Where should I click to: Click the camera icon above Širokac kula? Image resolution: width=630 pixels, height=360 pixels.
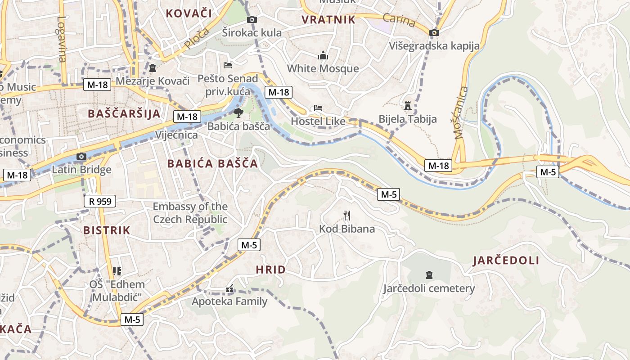click(x=252, y=19)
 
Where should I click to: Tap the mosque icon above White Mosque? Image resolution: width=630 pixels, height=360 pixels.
click(x=323, y=56)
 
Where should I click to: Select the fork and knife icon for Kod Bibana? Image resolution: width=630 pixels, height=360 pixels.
click(x=346, y=216)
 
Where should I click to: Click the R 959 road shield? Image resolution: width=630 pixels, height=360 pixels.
click(x=100, y=201)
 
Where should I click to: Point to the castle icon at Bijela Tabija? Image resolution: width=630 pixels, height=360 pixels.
click(x=408, y=106)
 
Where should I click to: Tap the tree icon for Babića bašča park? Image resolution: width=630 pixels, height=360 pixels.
click(x=238, y=112)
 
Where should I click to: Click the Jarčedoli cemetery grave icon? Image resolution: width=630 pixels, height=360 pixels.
click(x=429, y=274)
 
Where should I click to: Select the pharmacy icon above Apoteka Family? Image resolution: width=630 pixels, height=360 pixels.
click(x=229, y=288)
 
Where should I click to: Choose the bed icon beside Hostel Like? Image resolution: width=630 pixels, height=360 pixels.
click(x=318, y=108)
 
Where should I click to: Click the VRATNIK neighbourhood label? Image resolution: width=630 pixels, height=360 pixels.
click(x=328, y=19)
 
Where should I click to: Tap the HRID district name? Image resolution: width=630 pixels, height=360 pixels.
click(x=270, y=270)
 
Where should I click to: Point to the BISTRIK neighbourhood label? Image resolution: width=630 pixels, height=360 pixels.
click(x=107, y=230)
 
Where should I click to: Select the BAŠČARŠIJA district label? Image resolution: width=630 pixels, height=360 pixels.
click(x=124, y=113)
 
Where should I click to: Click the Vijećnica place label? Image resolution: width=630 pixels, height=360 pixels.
click(x=176, y=135)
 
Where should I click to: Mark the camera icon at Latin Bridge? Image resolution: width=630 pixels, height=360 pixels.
click(x=81, y=157)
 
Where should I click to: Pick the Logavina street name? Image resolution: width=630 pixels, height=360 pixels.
click(x=62, y=39)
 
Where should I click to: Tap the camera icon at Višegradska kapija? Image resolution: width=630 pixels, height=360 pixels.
click(x=434, y=32)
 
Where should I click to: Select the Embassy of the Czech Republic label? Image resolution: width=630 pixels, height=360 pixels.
click(x=190, y=213)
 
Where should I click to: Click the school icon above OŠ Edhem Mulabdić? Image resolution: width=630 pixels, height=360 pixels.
click(x=117, y=271)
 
